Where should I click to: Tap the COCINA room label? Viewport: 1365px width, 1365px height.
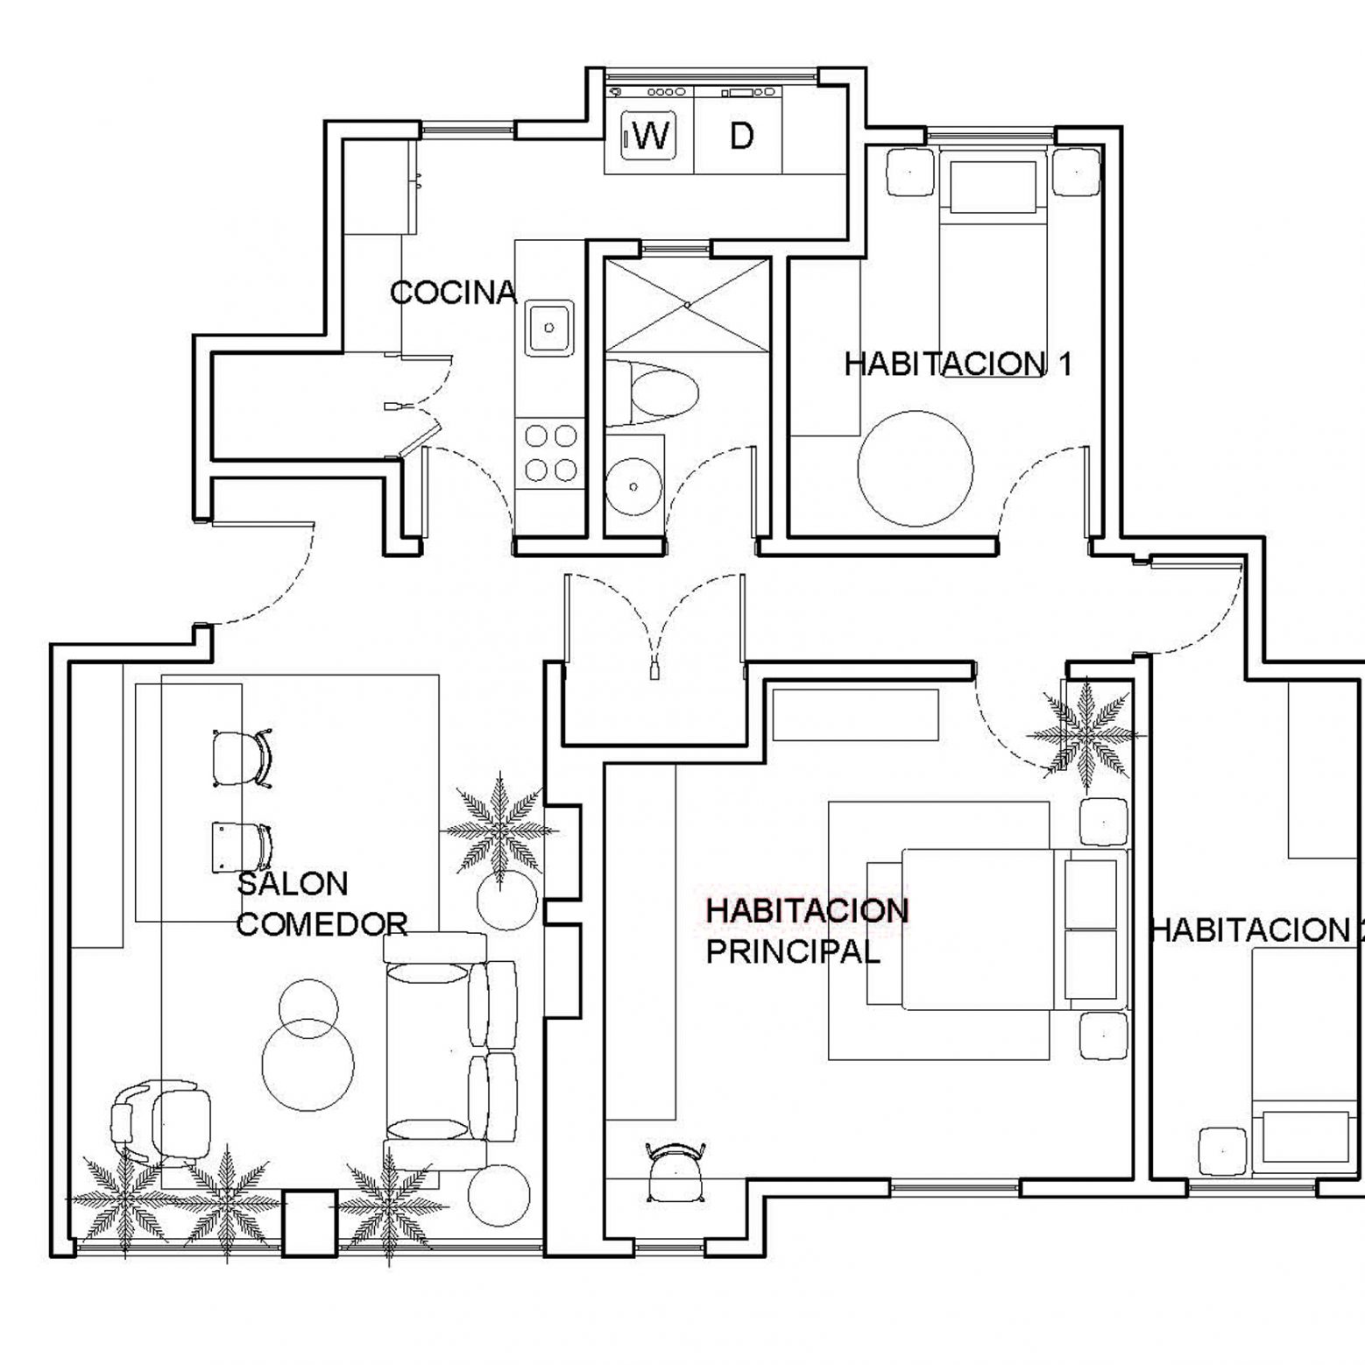452,293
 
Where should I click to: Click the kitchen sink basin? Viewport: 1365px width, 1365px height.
549,328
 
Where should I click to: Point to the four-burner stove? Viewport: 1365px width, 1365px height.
549,452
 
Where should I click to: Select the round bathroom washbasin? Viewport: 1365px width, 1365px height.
633,487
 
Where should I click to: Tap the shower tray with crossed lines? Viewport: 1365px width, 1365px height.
688,304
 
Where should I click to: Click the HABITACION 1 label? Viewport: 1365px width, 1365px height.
958,364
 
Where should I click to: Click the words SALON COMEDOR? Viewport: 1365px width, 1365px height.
322,903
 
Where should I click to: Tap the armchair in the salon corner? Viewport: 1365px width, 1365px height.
161,1122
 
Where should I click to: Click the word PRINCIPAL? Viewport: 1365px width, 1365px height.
793,951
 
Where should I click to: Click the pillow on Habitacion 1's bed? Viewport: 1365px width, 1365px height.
993,186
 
